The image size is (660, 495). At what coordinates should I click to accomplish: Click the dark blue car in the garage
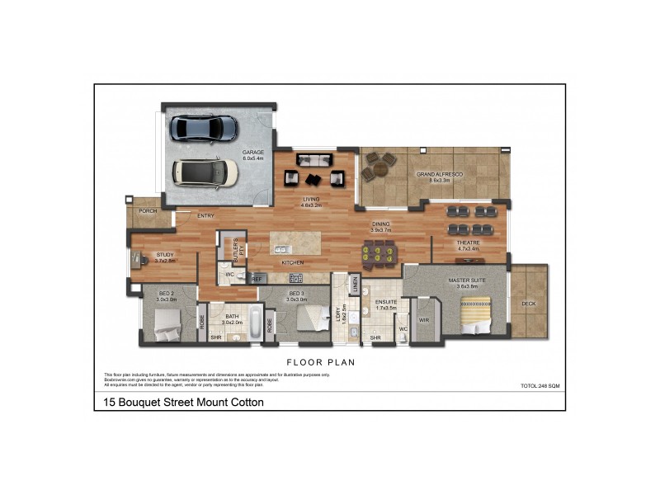203,129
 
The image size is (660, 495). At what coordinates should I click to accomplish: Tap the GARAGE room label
253,153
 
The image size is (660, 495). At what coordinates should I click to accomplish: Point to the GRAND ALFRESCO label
438,176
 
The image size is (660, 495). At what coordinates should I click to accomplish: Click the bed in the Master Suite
476,316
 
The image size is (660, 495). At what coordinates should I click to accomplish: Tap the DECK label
529,304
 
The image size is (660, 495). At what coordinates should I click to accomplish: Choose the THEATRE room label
469,243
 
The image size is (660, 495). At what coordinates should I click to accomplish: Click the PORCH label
148,211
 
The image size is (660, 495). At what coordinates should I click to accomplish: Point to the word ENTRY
205,216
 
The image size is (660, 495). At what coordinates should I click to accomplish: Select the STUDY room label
166,255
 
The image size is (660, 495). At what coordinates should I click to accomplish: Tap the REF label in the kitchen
256,280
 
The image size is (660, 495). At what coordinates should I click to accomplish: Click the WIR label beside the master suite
424,320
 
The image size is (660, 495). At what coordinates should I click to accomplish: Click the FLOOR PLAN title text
321,361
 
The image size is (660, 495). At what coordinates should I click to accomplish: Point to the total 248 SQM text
540,386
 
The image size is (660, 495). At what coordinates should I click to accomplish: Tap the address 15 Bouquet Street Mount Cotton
184,403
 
